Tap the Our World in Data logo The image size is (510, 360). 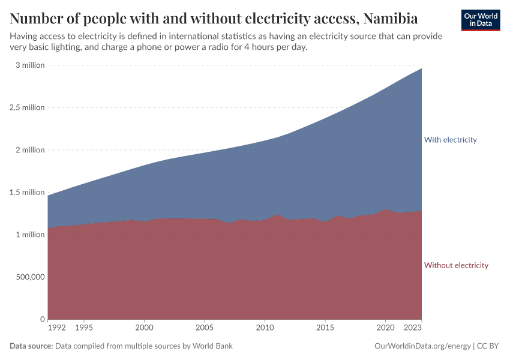[480, 20]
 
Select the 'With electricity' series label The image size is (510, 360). [450, 140]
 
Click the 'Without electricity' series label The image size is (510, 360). [456, 265]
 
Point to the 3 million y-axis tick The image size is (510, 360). [29, 65]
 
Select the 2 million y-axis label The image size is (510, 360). [29, 150]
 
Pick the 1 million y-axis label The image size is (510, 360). [29, 235]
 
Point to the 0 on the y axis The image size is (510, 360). [42, 319]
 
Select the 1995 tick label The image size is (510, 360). [83, 328]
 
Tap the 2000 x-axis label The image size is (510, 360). [144, 328]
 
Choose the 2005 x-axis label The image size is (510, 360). [205, 328]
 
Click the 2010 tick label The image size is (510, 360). [265, 328]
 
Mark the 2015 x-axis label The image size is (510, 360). [325, 328]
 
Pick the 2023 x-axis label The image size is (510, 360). [412, 328]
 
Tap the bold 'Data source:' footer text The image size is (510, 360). [31, 346]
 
